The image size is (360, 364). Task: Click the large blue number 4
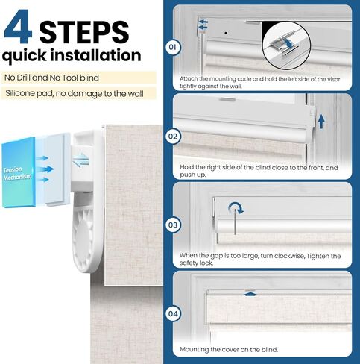pyautogui.click(x=19, y=27)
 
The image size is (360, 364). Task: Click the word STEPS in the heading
pyautogui.click(x=84, y=32)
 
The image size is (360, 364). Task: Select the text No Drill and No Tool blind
pyautogui.click(x=51, y=78)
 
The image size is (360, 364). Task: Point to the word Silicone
pyautogui.click(x=20, y=93)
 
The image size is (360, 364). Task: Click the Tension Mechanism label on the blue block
pyautogui.click(x=17, y=173)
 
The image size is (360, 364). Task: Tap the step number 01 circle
pyautogui.click(x=173, y=47)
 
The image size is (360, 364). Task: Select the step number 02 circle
pyautogui.click(x=173, y=136)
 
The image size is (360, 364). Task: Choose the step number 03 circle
pyautogui.click(x=173, y=225)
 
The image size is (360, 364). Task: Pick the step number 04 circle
pyautogui.click(x=173, y=313)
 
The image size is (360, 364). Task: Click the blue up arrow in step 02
pyautogui.click(x=321, y=121)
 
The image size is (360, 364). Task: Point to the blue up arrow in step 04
pyautogui.click(x=250, y=294)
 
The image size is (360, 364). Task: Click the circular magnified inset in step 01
pyautogui.click(x=286, y=45)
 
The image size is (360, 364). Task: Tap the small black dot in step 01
pyautogui.click(x=226, y=33)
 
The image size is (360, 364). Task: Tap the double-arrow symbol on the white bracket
pyautogui.click(x=81, y=160)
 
